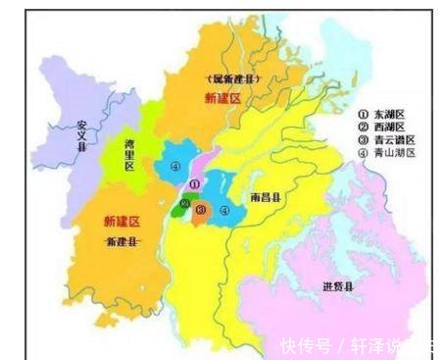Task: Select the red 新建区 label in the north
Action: coord(222,99)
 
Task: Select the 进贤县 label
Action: coord(338,286)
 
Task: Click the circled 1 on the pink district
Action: coord(194,183)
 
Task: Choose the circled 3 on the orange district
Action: coord(200,210)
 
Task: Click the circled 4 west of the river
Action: coord(175,167)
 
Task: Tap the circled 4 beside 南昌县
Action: coord(224,210)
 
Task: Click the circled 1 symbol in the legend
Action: coord(362,113)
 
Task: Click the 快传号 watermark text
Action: coord(302,346)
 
